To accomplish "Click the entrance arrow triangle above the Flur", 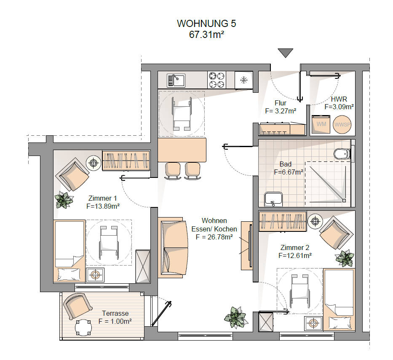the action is click(x=286, y=52).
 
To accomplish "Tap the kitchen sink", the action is click(x=176, y=80).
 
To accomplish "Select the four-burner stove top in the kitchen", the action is click(x=217, y=80).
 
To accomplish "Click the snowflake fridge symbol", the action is click(x=244, y=80).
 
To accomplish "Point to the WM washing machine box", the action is click(x=321, y=124).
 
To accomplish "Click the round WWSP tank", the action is click(x=342, y=124).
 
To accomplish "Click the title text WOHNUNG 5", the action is click(x=206, y=24).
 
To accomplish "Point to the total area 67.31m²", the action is click(x=206, y=35).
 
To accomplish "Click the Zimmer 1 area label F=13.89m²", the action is click(x=103, y=206).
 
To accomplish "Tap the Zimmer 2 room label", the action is click(x=295, y=247).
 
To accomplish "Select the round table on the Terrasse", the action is click(x=83, y=327).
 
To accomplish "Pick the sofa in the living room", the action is click(x=174, y=247).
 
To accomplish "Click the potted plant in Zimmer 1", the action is click(x=64, y=200).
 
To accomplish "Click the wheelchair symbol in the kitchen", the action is click(x=182, y=114).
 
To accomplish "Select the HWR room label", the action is click(x=339, y=99).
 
